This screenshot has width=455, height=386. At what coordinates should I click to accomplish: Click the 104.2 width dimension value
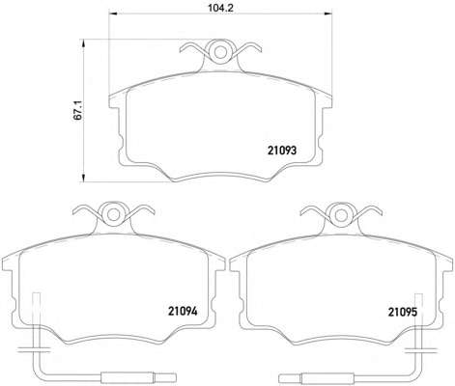(x=220, y=8)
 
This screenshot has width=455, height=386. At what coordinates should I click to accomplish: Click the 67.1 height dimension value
(x=78, y=110)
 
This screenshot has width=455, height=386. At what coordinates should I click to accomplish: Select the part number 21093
(x=281, y=151)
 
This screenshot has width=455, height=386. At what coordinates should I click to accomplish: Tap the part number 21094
(x=183, y=311)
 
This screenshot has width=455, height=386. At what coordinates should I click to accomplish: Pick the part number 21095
(x=403, y=312)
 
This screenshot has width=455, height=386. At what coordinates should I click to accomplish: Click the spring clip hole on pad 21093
(x=220, y=51)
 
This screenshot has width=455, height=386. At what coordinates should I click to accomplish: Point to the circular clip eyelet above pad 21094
(x=113, y=214)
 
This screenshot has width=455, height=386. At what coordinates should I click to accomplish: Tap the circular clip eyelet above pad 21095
(x=340, y=214)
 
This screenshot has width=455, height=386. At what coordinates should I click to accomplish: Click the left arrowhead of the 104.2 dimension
(x=113, y=14)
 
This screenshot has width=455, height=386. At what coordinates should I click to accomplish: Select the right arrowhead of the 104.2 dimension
(x=327, y=14)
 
